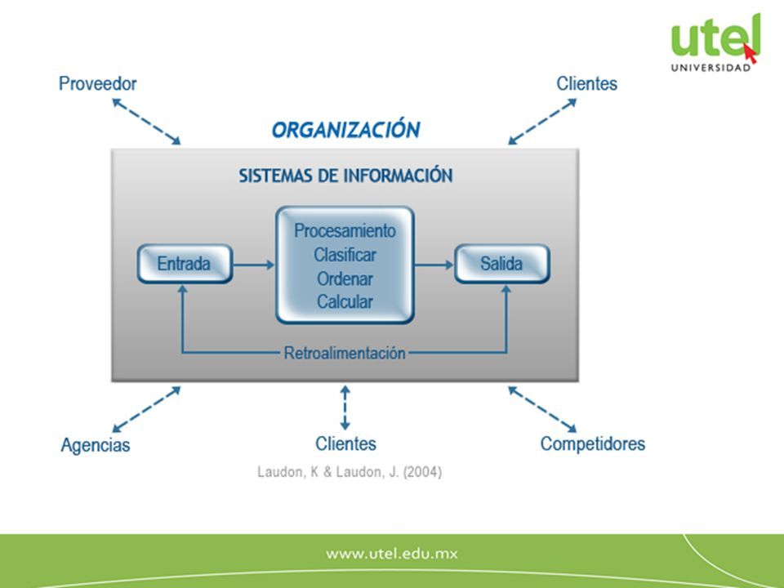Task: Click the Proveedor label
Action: (97, 83)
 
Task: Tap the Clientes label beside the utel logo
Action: (586, 83)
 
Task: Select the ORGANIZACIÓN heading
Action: (346, 129)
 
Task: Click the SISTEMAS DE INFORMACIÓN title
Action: (345, 176)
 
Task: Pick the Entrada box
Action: (185, 264)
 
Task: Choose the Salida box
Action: (502, 264)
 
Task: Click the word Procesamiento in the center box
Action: (345, 230)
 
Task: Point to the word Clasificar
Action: (345, 255)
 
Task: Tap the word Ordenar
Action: (345, 278)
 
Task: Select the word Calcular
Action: (345, 301)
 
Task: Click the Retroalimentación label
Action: (345, 353)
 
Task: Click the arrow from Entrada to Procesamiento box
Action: (254, 265)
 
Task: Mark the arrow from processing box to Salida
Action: (434, 265)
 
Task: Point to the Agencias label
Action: (95, 444)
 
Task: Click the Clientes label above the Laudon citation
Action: (345, 443)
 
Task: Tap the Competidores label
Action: (593, 443)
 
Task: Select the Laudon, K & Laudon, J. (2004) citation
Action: (350, 472)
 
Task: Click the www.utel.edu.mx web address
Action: (391, 554)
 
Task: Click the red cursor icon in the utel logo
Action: (750, 54)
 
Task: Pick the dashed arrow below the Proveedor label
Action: (146, 122)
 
